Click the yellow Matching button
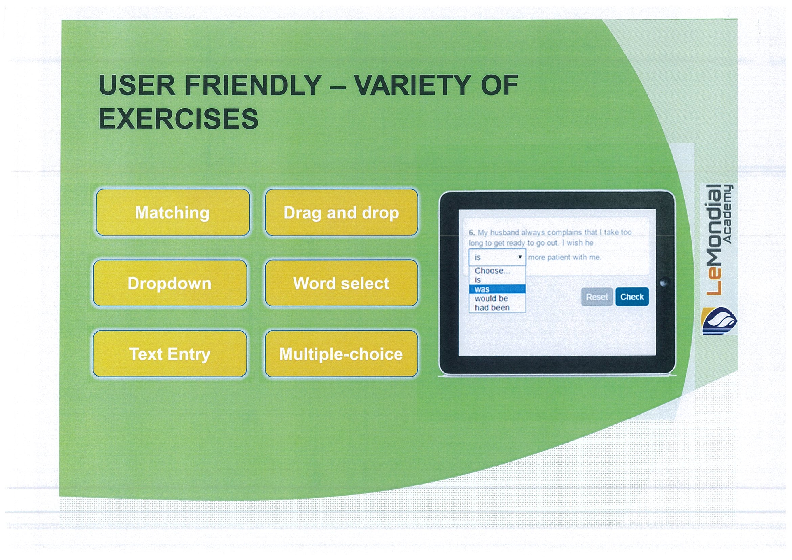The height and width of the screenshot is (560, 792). point(173,212)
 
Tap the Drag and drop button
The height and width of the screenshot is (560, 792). point(341,212)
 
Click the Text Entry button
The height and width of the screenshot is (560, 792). point(170,354)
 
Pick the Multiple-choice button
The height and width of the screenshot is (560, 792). point(341,354)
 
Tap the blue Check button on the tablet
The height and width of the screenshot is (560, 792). point(632,297)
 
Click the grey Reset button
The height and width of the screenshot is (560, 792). point(597,297)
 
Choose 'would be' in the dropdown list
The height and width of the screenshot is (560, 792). point(491,298)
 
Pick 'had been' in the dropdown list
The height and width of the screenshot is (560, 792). point(492,307)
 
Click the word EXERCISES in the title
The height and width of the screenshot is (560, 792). point(178,119)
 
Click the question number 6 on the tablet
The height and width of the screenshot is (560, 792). point(472,232)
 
